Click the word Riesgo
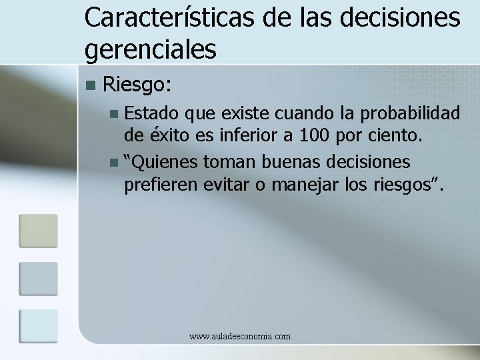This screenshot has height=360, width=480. [138, 85]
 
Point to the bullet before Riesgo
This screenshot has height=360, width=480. [91, 85]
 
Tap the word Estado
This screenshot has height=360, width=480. [151, 111]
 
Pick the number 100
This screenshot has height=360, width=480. [314, 137]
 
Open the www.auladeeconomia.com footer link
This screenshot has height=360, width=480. [240, 337]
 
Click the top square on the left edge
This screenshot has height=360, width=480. [38, 231]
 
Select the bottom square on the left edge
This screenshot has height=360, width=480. [38, 326]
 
